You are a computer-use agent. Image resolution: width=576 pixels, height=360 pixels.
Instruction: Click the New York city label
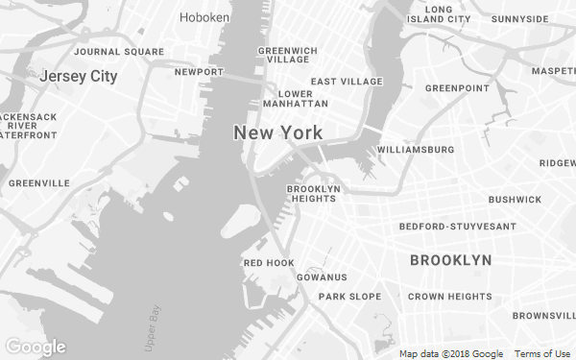(x=277, y=133)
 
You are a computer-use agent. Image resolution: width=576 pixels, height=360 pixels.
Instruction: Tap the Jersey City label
(x=79, y=76)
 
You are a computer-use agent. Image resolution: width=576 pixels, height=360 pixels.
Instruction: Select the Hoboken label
(x=204, y=17)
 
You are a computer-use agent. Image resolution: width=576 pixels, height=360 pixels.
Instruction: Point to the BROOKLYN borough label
(x=450, y=260)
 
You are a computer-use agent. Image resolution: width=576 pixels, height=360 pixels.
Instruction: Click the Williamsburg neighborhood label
(x=416, y=150)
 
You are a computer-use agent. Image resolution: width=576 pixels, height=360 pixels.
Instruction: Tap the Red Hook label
(x=269, y=262)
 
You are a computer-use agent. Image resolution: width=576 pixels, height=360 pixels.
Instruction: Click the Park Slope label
(x=349, y=297)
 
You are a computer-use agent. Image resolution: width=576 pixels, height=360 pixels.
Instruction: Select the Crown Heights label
(x=449, y=297)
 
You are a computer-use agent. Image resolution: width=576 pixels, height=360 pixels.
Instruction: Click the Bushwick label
(x=515, y=200)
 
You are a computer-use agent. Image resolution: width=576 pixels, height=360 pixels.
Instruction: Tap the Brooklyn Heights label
(x=313, y=194)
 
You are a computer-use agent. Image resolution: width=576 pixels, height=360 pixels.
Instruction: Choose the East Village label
(x=347, y=82)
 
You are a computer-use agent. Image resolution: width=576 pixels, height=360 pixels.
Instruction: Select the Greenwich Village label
(x=287, y=55)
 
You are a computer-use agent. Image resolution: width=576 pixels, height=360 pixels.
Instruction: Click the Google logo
(x=36, y=347)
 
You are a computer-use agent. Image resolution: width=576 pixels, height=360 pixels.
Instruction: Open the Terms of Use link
(x=542, y=353)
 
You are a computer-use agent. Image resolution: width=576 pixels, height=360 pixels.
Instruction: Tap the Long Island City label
(x=439, y=13)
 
